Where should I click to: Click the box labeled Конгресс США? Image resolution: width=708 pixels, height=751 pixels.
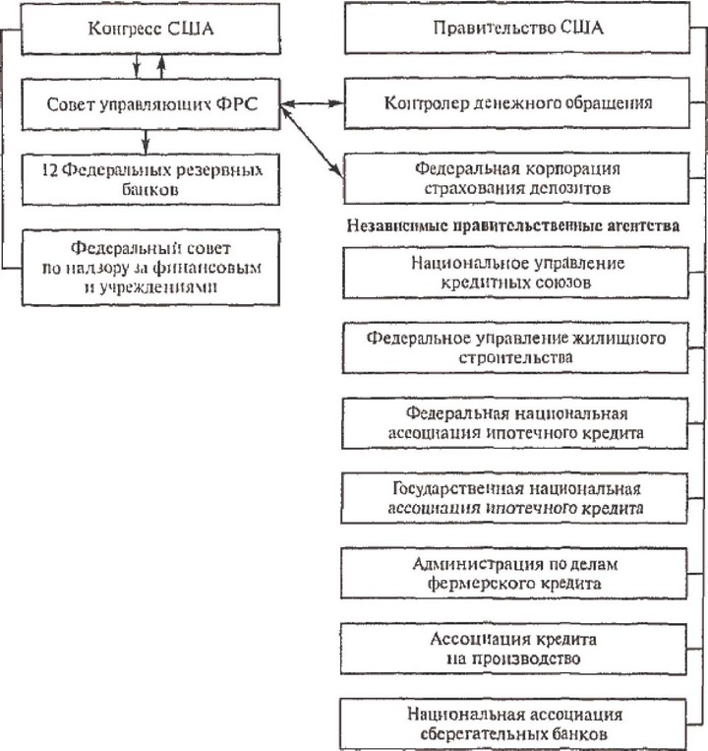[x=150, y=29]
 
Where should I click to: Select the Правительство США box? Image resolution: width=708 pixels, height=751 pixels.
[x=517, y=28]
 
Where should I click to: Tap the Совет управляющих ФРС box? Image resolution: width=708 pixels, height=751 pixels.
[x=150, y=104]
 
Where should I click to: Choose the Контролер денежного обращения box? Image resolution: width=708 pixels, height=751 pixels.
[x=517, y=103]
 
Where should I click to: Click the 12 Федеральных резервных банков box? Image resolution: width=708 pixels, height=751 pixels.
[x=150, y=179]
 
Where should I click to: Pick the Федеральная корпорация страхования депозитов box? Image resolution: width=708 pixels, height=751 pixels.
[x=516, y=178]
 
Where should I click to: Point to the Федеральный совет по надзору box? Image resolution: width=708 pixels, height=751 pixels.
[x=150, y=268]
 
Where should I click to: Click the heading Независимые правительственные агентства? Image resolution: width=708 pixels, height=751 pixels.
[x=513, y=225]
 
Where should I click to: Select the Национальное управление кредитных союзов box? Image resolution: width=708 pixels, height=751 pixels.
[x=515, y=273]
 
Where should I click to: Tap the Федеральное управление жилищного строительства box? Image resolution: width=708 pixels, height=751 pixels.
[x=515, y=347]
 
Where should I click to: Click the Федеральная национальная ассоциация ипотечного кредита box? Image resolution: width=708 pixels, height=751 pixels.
[x=514, y=423]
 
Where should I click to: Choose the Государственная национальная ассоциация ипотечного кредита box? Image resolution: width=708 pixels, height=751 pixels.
[x=514, y=498]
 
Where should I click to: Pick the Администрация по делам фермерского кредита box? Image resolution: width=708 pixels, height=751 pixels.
[x=514, y=573]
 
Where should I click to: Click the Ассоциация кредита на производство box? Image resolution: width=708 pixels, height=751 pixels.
[x=513, y=649]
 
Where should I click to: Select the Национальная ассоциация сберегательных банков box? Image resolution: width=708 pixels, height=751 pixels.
[x=513, y=724]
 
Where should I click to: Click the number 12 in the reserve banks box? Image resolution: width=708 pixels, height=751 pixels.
[x=50, y=170]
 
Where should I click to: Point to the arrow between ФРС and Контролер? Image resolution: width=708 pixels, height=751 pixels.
[x=313, y=103]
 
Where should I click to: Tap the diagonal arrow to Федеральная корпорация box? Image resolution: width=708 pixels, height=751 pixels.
[x=312, y=142]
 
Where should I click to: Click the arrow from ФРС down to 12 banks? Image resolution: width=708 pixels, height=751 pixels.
[x=146, y=142]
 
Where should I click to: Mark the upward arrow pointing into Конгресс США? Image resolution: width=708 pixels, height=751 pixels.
[x=161, y=67]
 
